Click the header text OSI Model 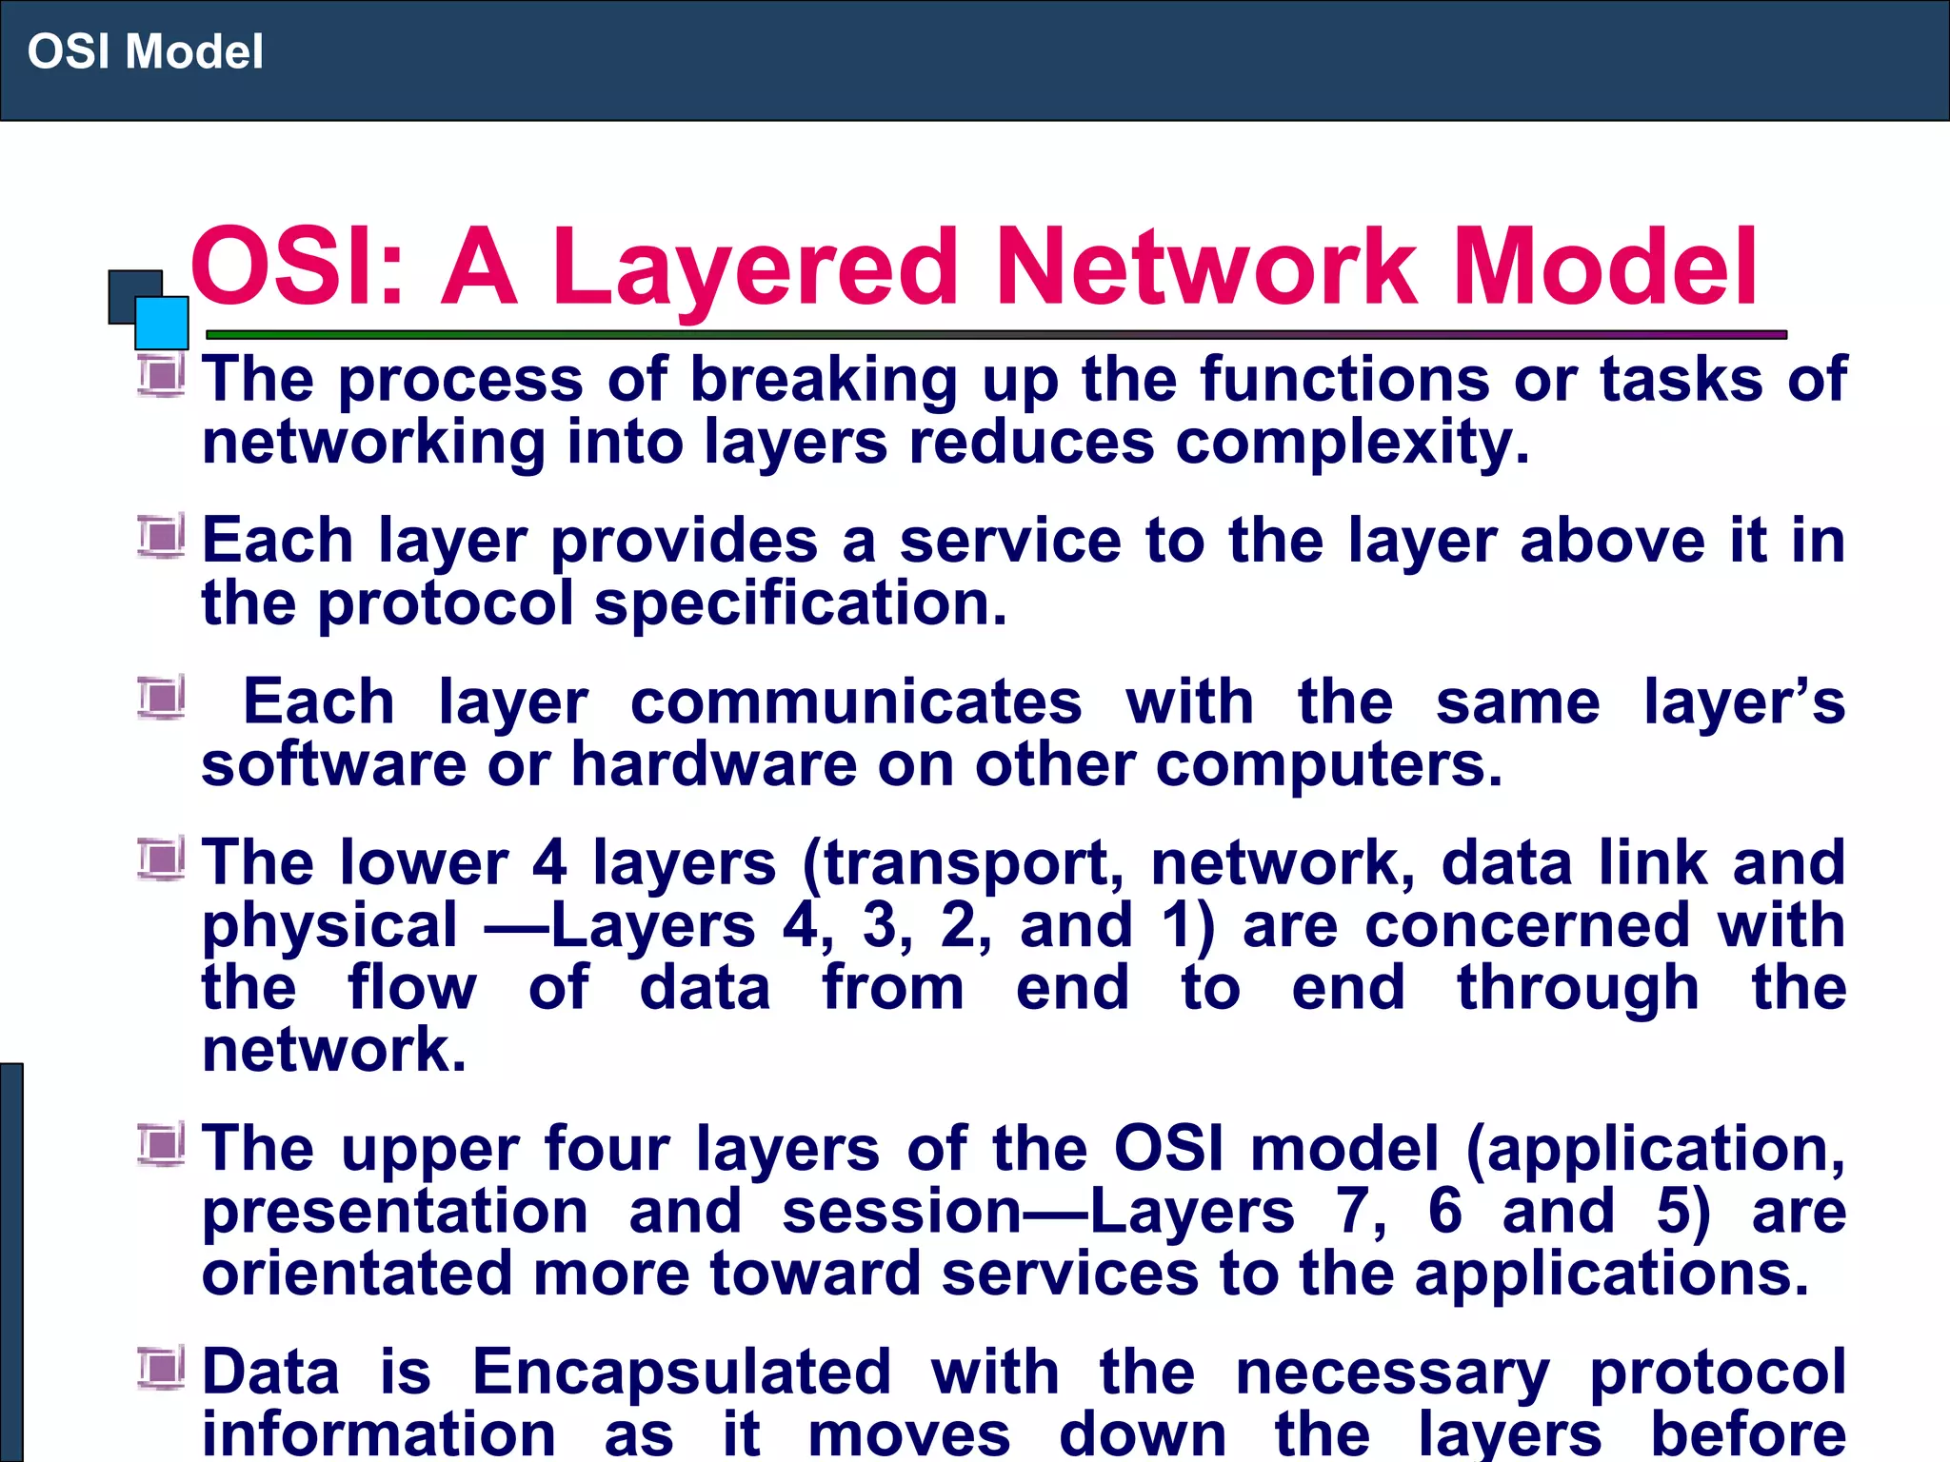coord(145,51)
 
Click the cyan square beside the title coord(162,323)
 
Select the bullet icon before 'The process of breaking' coord(161,375)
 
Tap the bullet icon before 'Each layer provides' coord(161,536)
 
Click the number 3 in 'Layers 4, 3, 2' coord(881,925)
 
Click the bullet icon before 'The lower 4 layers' coord(161,859)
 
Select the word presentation coord(395,1213)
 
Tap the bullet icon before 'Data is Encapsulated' coord(161,1369)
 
